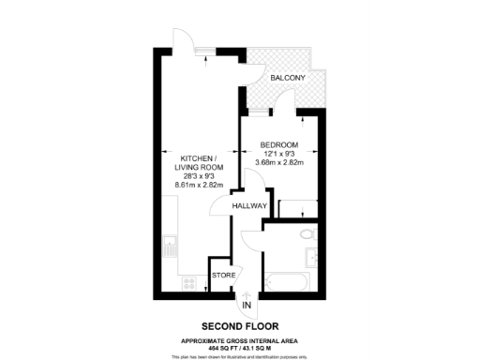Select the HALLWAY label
(x=251, y=205)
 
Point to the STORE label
(x=223, y=276)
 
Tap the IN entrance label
(x=247, y=306)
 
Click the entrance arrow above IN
(x=247, y=293)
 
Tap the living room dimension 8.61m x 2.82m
(x=195, y=185)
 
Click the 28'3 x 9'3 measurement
(x=195, y=174)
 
